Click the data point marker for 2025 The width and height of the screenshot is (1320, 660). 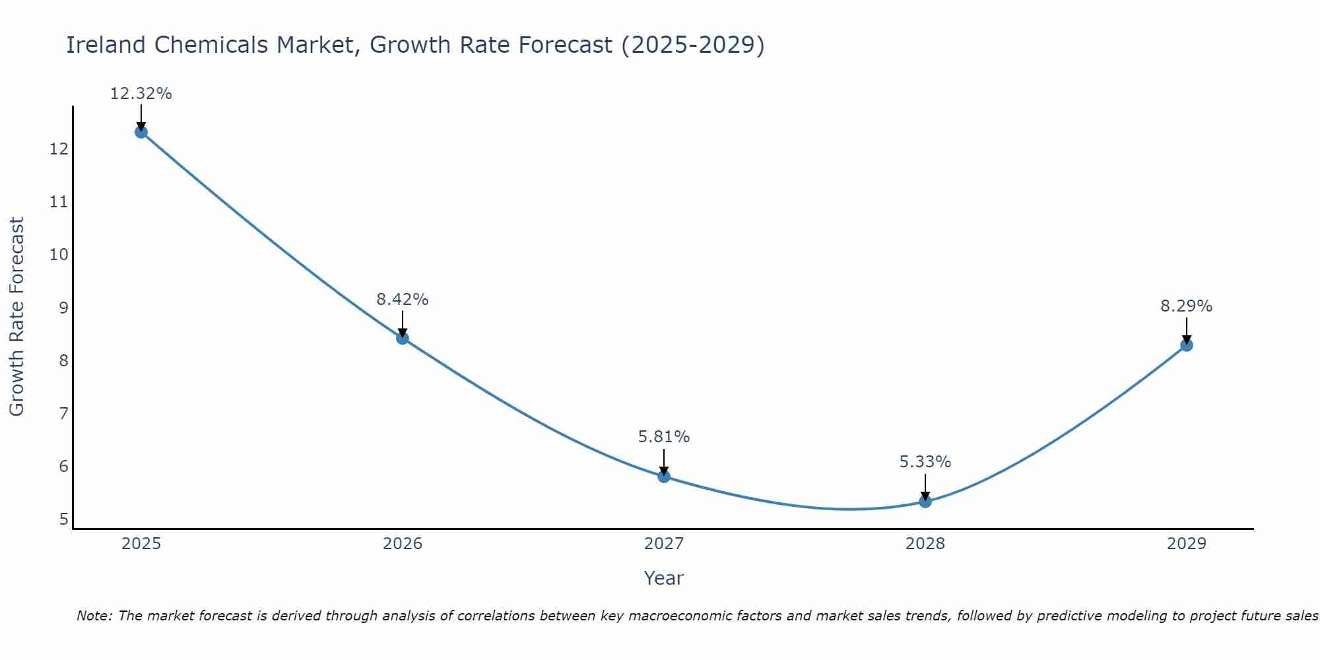tap(141, 132)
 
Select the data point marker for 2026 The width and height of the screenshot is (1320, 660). tap(403, 339)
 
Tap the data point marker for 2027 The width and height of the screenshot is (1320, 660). tap(664, 477)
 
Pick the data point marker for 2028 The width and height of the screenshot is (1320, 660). tap(925, 502)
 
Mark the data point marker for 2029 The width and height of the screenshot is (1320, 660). tap(1187, 345)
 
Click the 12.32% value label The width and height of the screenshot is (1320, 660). tap(141, 94)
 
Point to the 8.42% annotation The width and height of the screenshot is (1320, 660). tap(403, 300)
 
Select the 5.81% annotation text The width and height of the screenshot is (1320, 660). tap(664, 437)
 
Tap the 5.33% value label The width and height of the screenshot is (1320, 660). tap(925, 462)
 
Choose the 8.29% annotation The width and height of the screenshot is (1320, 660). tap(1187, 306)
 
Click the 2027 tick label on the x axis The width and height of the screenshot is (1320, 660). tap(664, 544)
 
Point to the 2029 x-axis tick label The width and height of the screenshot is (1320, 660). tap(1187, 544)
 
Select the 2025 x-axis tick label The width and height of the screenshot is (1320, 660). tap(141, 544)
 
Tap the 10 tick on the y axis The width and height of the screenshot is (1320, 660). tap(59, 255)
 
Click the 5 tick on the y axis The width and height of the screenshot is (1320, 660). tap(64, 519)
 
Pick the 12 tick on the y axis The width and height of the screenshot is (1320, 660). tap(59, 149)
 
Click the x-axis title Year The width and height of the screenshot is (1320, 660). tap(664, 579)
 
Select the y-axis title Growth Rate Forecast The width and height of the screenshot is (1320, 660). tap(17, 317)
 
